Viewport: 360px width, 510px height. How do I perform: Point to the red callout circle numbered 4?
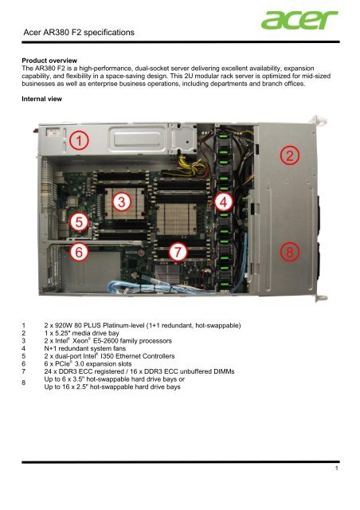pos(226,202)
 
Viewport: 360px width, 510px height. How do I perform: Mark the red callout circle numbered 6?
pos(78,252)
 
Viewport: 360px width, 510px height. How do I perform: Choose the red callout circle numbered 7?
pos(182,252)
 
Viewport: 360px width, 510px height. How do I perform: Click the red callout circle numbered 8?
pos(292,252)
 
